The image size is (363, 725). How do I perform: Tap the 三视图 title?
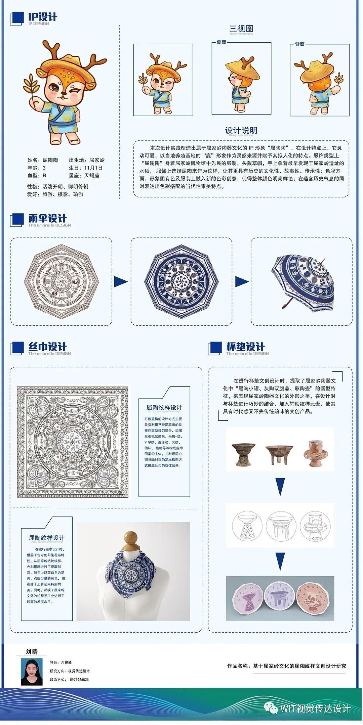(241, 29)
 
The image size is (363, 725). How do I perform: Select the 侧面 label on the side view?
(221, 42)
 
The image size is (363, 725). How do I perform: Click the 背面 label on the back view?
(299, 44)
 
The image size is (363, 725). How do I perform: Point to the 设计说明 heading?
(241, 130)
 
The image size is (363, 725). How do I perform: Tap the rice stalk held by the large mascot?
(30, 84)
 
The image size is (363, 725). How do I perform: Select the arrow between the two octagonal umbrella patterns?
(121, 282)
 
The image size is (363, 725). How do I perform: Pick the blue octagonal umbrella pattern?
(181, 281)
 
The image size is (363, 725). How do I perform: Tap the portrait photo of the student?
(32, 672)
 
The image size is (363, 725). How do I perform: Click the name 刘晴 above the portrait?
(32, 651)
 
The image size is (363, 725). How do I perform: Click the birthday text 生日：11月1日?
(86, 168)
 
